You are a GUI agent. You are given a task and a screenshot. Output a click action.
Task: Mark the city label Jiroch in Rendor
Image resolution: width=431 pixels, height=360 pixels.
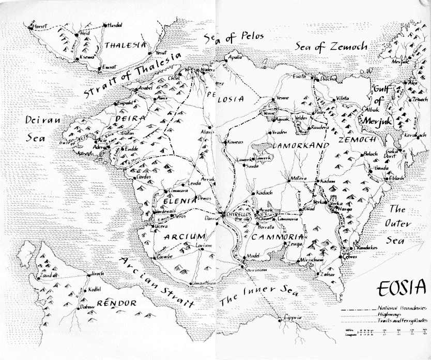[x=97, y=273]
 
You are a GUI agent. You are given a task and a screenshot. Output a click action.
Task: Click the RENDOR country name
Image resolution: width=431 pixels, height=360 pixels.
[x=116, y=303]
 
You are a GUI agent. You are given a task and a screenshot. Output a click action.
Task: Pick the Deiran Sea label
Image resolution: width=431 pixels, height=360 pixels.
[x=43, y=128]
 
